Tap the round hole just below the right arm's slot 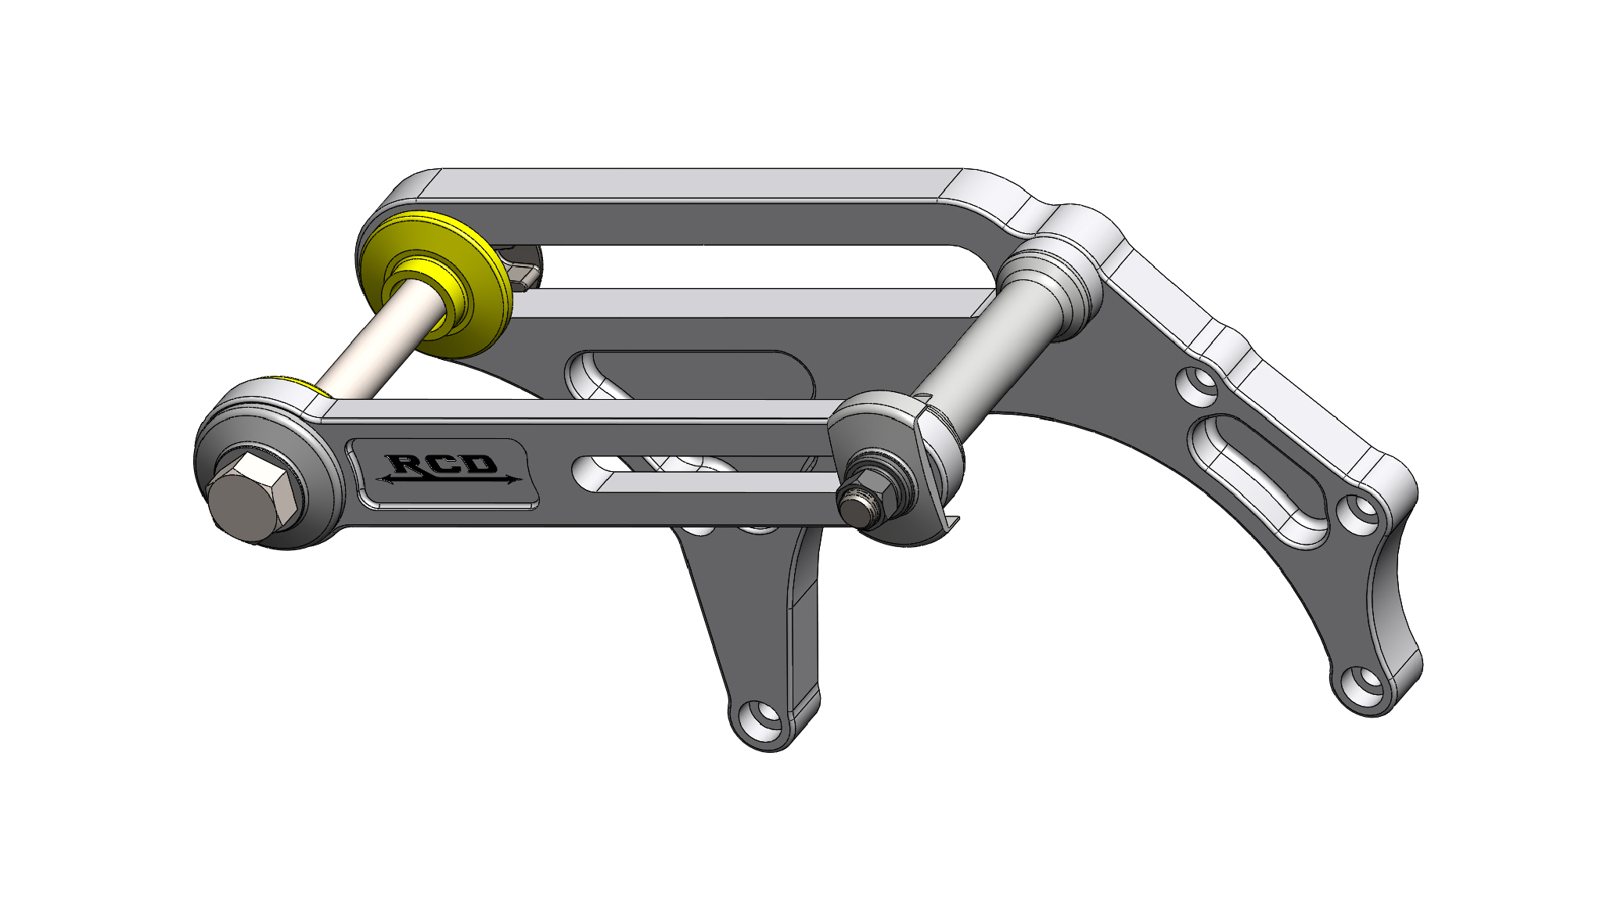[1362, 515]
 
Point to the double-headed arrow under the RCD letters [448, 480]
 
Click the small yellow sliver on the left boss [315, 388]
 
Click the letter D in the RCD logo [481, 464]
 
